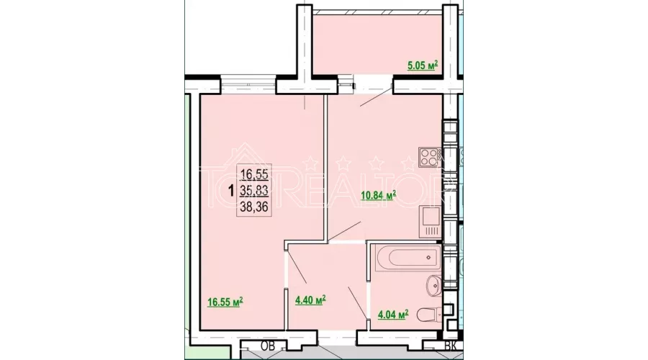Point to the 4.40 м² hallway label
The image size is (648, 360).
tap(311, 299)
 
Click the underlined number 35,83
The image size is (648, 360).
tap(256, 190)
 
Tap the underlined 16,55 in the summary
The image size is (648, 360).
tap(256, 174)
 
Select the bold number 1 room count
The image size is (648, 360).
tap(230, 191)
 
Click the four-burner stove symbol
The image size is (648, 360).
tap(428, 156)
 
